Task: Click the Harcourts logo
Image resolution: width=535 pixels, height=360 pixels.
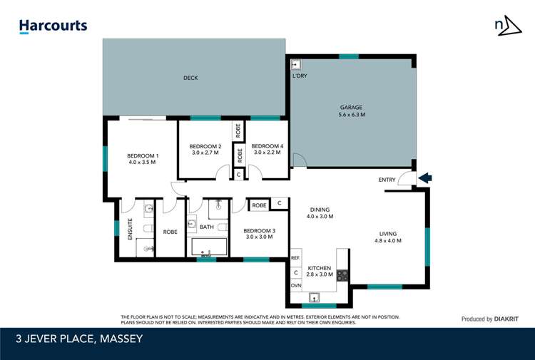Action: point(53,26)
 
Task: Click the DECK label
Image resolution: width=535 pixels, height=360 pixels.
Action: point(190,78)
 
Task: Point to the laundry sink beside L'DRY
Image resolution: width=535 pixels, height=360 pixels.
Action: point(296,63)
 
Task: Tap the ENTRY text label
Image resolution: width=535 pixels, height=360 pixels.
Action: point(388,180)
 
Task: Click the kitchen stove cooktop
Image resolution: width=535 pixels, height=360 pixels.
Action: point(342,274)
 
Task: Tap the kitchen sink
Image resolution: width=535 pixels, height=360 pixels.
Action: point(314,297)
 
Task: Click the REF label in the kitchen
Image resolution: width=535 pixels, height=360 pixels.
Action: point(295,258)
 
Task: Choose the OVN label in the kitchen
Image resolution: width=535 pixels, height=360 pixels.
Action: point(295,285)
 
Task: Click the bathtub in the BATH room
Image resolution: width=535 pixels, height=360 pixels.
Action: point(209,248)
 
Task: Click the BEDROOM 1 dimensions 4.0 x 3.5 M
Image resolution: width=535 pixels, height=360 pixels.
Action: point(143,163)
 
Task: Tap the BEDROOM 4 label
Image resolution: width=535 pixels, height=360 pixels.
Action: point(267,146)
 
